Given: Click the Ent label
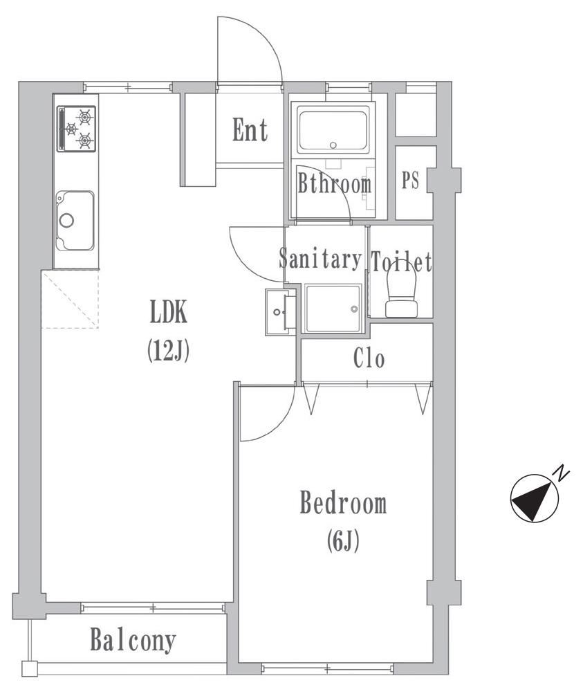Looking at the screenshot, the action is coord(250,130).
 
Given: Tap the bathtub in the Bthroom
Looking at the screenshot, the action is coord(333,129).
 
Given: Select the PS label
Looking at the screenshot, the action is coord(410,180).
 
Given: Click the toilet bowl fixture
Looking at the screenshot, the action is coord(402,294).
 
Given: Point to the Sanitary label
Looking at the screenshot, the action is coord(320,259).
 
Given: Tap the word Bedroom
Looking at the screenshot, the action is coord(343,502).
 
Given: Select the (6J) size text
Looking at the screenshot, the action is coord(343,540).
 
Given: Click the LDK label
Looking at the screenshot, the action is coord(169,311).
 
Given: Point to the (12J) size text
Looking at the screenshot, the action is coord(169,350).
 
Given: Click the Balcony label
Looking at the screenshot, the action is coord(133,640).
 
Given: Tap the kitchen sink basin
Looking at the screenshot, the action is coord(75,221).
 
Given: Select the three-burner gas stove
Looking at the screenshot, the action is coord(76,129).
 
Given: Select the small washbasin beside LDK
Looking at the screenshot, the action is coord(280,311).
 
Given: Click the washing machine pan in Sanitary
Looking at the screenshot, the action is coord(333,308).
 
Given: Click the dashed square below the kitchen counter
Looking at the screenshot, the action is coord(70,299).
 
